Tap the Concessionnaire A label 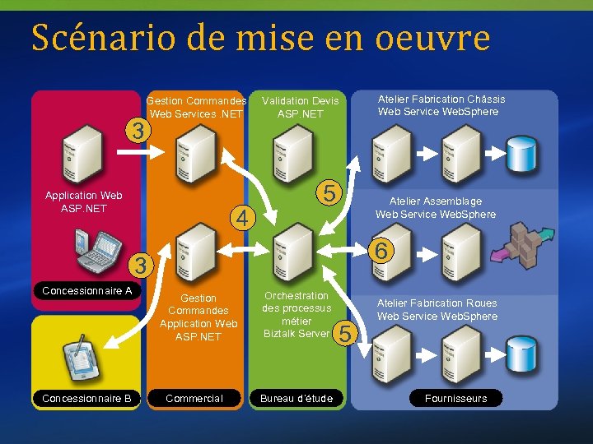pyautogui.click(x=87, y=291)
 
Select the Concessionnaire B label pyautogui.click(x=87, y=399)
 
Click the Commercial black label pyautogui.click(x=194, y=399)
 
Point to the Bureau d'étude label pyautogui.click(x=296, y=399)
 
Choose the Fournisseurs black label pyautogui.click(x=455, y=399)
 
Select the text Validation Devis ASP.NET pyautogui.click(x=301, y=107)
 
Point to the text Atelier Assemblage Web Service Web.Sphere pyautogui.click(x=436, y=207)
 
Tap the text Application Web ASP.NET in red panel pyautogui.click(x=83, y=201)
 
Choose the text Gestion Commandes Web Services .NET pyautogui.click(x=196, y=107)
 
